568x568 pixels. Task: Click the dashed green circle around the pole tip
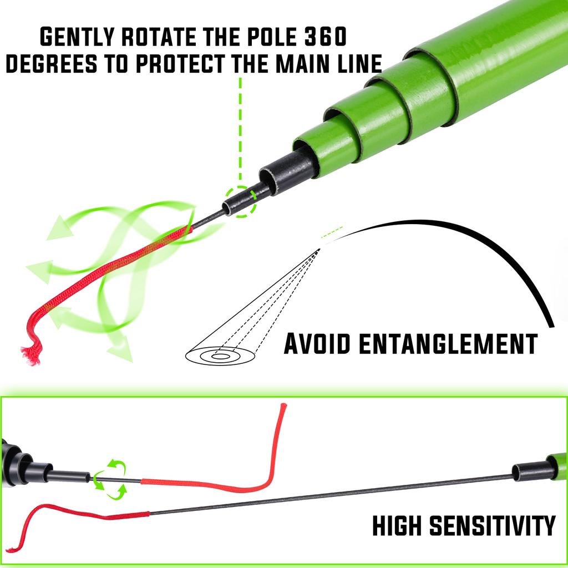click(240, 201)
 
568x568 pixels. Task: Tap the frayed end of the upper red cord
click(30, 353)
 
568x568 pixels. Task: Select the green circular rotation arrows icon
click(109, 476)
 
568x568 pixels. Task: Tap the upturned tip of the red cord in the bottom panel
click(283, 408)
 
